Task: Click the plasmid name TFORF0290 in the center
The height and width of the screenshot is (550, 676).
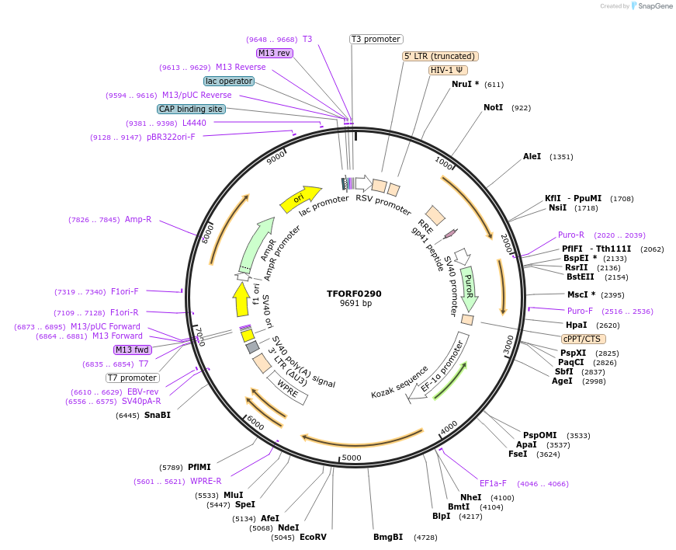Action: click(x=354, y=294)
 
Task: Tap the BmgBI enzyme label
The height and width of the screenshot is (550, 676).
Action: click(x=388, y=537)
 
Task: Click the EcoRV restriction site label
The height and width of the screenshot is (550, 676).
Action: click(x=313, y=537)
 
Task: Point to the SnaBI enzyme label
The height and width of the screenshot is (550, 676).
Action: click(x=157, y=415)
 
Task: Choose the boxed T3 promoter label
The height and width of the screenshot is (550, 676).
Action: click(x=376, y=39)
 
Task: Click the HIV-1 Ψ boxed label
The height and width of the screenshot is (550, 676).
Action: click(x=448, y=70)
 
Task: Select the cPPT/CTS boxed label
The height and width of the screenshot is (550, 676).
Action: click(x=584, y=339)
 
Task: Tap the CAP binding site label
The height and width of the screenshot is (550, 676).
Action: click(x=191, y=109)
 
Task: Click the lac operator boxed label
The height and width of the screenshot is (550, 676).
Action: click(x=229, y=81)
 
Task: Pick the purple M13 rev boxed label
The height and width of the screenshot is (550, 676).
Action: click(x=274, y=53)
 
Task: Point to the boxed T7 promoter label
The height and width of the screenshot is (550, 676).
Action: click(x=133, y=378)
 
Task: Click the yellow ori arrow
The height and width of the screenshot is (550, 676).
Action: click(x=300, y=199)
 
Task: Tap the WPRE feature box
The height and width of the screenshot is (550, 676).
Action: click(x=287, y=387)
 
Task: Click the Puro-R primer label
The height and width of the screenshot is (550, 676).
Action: click(x=571, y=235)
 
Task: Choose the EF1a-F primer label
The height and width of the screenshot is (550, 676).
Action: click(x=493, y=483)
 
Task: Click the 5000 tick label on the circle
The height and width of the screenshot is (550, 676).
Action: click(x=352, y=458)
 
